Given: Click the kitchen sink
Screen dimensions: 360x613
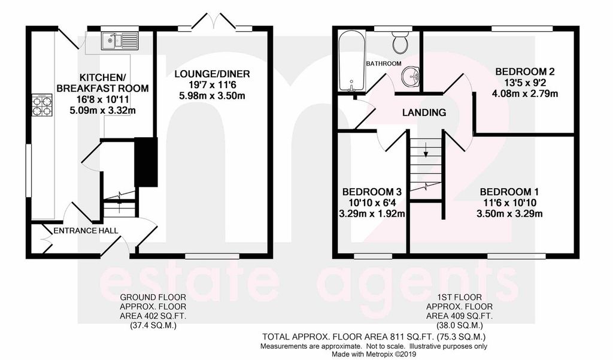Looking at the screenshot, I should coord(119,40).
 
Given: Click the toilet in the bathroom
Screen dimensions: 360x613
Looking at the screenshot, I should coord(399,42).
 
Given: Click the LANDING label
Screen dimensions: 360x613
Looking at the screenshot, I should coord(424,112).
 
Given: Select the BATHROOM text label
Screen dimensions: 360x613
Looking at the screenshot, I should coord(383,63).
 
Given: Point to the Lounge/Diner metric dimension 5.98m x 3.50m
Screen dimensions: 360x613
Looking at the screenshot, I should coord(211,96).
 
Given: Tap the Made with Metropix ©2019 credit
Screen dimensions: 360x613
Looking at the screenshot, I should coord(374,354).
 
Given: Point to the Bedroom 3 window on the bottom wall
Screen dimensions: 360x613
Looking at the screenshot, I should coord(372,256).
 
